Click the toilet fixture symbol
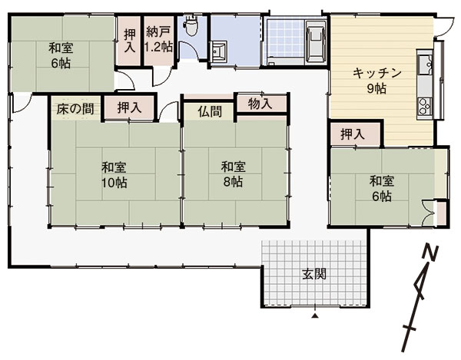pyautogui.click(x=191, y=25)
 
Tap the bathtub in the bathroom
pyautogui.click(x=316, y=41)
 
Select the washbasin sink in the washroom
pyautogui.click(x=218, y=51)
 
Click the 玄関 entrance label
pyautogui.click(x=314, y=275)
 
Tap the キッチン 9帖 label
pyautogui.click(x=376, y=81)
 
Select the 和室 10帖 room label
pyautogui.click(x=114, y=175)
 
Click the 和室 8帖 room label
pyautogui.click(x=233, y=174)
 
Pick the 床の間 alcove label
pyautogui.click(x=75, y=109)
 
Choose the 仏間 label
pyautogui.click(x=210, y=111)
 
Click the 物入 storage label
pyautogui.click(x=260, y=104)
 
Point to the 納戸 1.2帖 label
pyautogui.click(x=159, y=40)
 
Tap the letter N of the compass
pyautogui.click(x=430, y=252)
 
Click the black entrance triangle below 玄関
pyautogui.click(x=315, y=316)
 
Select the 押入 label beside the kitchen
pyautogui.click(x=353, y=134)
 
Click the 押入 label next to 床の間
pyautogui.click(x=129, y=107)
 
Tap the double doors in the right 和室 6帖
pyautogui.click(x=428, y=213)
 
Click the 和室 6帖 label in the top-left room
pyautogui.click(x=61, y=55)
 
